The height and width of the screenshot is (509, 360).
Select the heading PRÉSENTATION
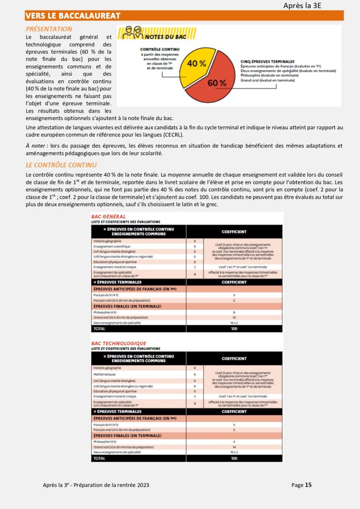pos(49,29)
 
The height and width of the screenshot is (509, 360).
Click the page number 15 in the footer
pos(308,485)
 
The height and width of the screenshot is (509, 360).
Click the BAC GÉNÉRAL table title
pos(109,216)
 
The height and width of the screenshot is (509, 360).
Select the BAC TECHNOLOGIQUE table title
pos(119,343)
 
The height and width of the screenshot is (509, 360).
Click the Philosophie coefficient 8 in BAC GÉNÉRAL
pos(234,312)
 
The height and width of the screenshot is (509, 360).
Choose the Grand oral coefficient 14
pos(234,447)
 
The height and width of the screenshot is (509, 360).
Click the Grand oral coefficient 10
pos(234,318)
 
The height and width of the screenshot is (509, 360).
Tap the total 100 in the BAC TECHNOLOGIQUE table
pos(234,459)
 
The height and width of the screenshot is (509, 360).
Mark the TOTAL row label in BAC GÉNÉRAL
pos(100,329)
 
